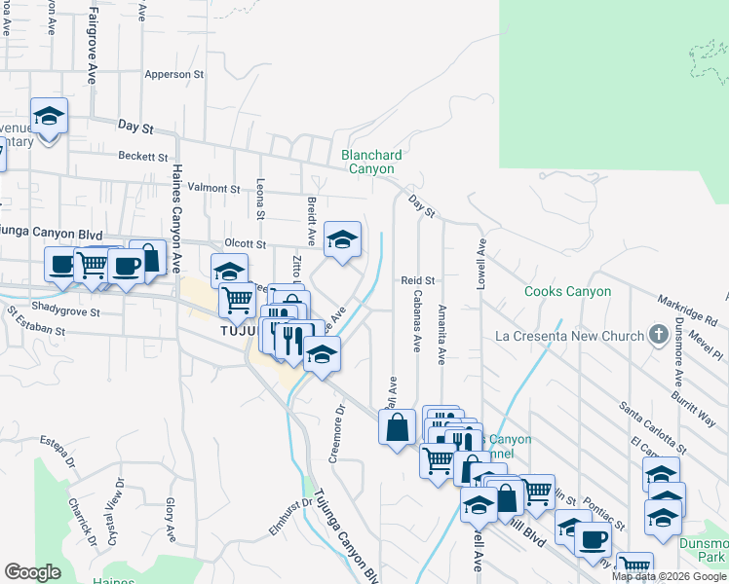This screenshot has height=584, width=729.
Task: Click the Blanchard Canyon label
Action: coord(371,161)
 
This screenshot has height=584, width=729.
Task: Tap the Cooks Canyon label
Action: coord(567,291)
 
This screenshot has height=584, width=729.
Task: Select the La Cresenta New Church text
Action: coord(570,336)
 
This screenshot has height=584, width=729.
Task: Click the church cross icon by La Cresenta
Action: coord(659,335)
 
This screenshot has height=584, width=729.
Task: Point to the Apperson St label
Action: coord(173,74)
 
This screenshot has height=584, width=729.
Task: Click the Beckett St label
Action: coord(144,156)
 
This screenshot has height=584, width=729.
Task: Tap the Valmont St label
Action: coord(213,188)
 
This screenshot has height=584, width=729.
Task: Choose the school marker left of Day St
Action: coord(49,117)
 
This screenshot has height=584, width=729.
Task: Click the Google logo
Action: coord(33,572)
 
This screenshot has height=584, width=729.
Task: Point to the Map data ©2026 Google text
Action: coord(668,576)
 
